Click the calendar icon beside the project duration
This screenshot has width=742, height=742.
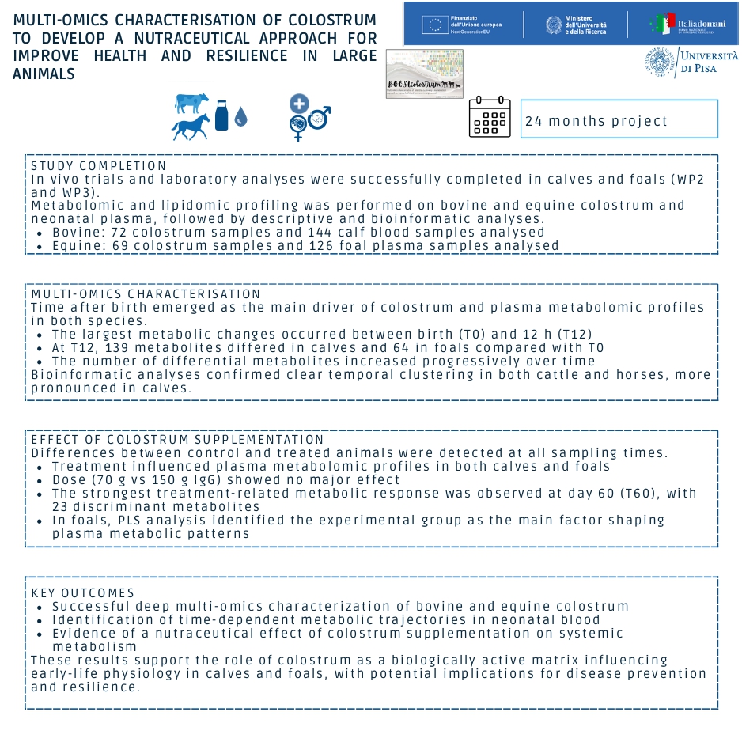(490, 118)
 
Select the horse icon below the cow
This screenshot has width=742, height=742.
(191, 127)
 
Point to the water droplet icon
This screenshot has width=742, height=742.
(240, 118)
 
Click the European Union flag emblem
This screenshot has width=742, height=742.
(434, 25)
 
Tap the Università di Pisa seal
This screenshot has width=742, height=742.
(661, 62)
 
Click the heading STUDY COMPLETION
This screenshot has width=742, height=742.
(99, 165)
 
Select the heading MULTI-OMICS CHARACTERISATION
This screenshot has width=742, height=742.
(146, 294)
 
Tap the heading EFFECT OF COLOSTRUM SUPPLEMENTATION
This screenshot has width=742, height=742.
(177, 440)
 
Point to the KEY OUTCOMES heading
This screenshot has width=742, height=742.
(83, 592)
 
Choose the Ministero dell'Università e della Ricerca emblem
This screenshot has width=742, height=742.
(553, 25)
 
